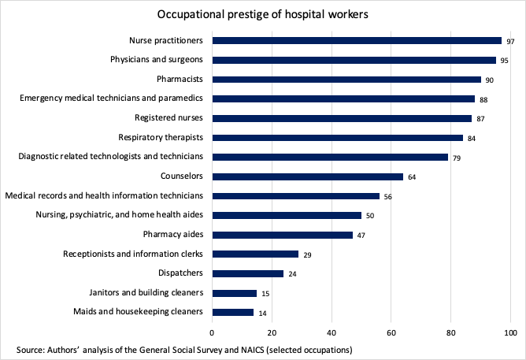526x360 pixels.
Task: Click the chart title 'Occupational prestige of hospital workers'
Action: (263, 15)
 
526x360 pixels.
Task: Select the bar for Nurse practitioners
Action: (357, 40)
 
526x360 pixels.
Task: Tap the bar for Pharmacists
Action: (346, 79)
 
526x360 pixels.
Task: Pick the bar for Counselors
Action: (307, 176)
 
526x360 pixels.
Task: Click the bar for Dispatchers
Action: (247, 273)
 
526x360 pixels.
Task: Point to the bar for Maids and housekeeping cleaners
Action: (233, 312)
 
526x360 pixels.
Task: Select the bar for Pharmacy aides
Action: (282, 235)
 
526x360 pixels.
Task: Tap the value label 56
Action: (387, 196)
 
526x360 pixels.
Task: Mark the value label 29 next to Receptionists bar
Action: (306, 254)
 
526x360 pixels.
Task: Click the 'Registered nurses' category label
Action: (169, 117)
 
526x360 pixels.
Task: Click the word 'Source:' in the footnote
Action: (30, 348)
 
